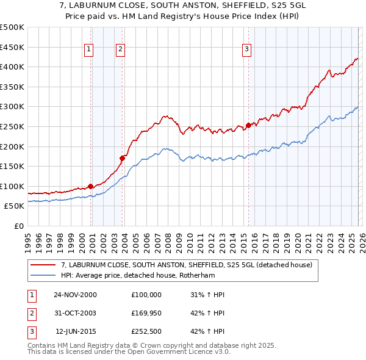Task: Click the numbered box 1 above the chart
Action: [x=89, y=49]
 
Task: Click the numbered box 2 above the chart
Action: [x=121, y=49]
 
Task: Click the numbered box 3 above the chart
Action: [x=246, y=49]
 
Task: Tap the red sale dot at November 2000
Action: [x=91, y=186]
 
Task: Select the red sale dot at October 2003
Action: [x=123, y=158]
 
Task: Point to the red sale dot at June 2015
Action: [x=248, y=126]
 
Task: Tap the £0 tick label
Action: [x=18, y=226]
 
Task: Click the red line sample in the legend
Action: [x=43, y=265]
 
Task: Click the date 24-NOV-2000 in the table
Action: [x=75, y=295]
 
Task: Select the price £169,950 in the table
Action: [x=146, y=314]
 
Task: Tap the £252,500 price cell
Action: [x=146, y=333]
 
